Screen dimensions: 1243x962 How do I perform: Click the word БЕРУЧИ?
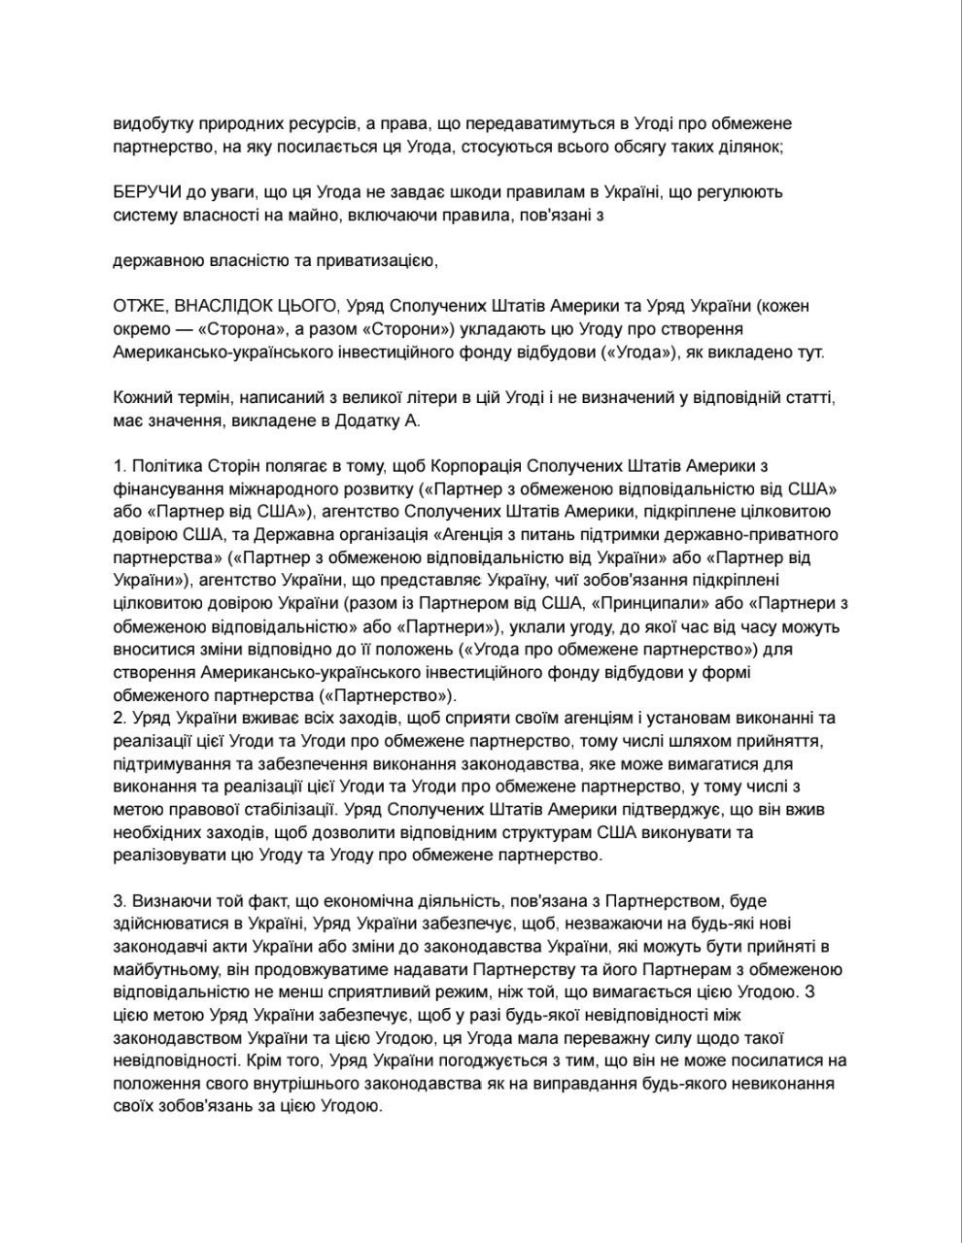coord(146,191)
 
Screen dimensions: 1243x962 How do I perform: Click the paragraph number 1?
coord(118,466)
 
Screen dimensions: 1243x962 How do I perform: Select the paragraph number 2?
coord(118,718)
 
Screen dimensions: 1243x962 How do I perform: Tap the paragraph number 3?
coord(118,902)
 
